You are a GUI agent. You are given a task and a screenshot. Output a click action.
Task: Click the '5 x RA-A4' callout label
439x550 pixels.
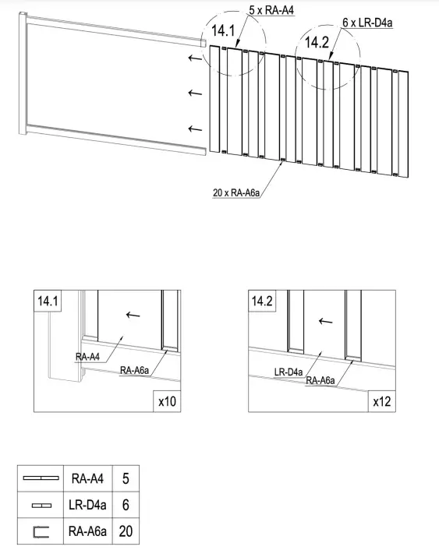point(271,10)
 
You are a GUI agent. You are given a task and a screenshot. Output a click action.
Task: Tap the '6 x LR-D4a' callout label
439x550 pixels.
point(367,23)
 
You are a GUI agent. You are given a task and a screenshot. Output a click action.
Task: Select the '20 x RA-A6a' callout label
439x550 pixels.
point(236,192)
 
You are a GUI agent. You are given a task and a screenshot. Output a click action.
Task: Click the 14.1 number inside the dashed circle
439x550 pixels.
point(223,31)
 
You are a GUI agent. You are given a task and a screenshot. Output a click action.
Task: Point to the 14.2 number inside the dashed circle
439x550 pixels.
point(317,42)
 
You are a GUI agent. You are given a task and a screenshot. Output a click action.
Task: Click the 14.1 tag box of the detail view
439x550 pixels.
point(48,301)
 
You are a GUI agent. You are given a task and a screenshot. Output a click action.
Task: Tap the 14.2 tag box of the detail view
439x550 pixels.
point(262,301)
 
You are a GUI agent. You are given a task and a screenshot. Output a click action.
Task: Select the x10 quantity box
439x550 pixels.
point(167,401)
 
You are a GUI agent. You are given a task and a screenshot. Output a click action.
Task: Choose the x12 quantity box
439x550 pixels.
point(382,401)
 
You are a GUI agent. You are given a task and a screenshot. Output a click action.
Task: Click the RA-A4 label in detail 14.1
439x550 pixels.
point(88,357)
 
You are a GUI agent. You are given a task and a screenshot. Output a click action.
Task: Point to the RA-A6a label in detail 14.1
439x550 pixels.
point(135,370)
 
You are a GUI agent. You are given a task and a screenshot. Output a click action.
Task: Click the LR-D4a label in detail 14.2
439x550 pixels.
point(289,372)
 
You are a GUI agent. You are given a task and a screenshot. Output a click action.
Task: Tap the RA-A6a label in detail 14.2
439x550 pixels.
point(320,381)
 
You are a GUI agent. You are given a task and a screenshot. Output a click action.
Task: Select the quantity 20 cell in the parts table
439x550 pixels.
point(126,531)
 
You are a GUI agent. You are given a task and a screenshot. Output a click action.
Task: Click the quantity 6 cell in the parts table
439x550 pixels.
point(126,505)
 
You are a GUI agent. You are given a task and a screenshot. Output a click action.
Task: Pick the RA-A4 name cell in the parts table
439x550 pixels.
point(88,478)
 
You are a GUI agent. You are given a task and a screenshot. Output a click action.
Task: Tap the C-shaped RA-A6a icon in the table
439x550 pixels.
point(41,532)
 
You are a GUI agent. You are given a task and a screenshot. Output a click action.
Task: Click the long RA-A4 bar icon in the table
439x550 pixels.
point(41,478)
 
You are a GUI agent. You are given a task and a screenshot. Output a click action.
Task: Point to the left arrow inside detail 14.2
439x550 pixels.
point(326,321)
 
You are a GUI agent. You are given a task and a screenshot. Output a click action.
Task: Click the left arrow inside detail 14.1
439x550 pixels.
point(133,315)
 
